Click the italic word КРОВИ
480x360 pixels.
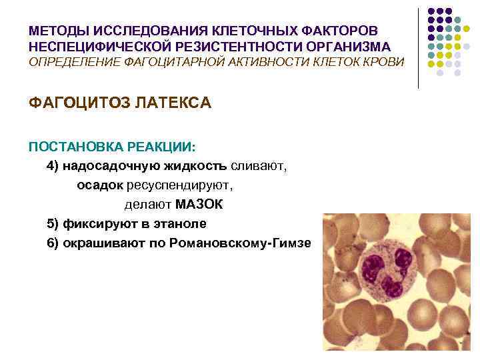384,61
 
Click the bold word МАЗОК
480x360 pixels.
199,204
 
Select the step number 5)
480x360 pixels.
53,223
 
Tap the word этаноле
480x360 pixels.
180,223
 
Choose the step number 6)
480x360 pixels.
53,243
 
